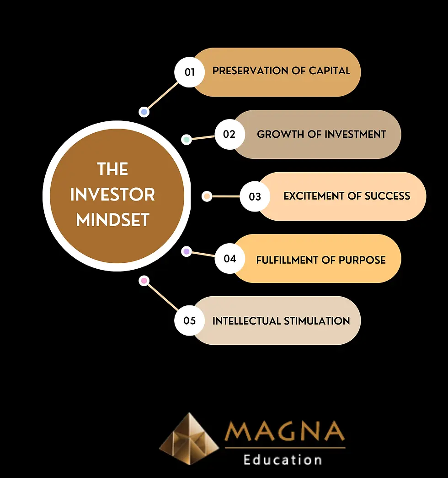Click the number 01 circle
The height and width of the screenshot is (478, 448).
coord(190,72)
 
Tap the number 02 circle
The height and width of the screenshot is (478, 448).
coord(229,134)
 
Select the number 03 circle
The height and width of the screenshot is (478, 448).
coord(255,196)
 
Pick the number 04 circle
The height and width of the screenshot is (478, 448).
coord(230,259)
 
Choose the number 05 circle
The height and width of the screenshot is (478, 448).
coord(190,320)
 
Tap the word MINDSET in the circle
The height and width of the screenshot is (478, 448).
coord(113,220)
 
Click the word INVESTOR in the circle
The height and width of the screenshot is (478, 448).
coord(113,195)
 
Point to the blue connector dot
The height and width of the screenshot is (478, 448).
coord(144,112)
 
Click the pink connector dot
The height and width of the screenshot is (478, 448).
coord(144,281)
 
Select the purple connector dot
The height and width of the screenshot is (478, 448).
coord(186,251)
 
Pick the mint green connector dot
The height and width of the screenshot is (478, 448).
coord(186,140)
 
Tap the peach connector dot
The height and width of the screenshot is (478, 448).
coord(207,196)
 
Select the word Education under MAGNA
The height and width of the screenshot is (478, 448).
coord(283,459)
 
